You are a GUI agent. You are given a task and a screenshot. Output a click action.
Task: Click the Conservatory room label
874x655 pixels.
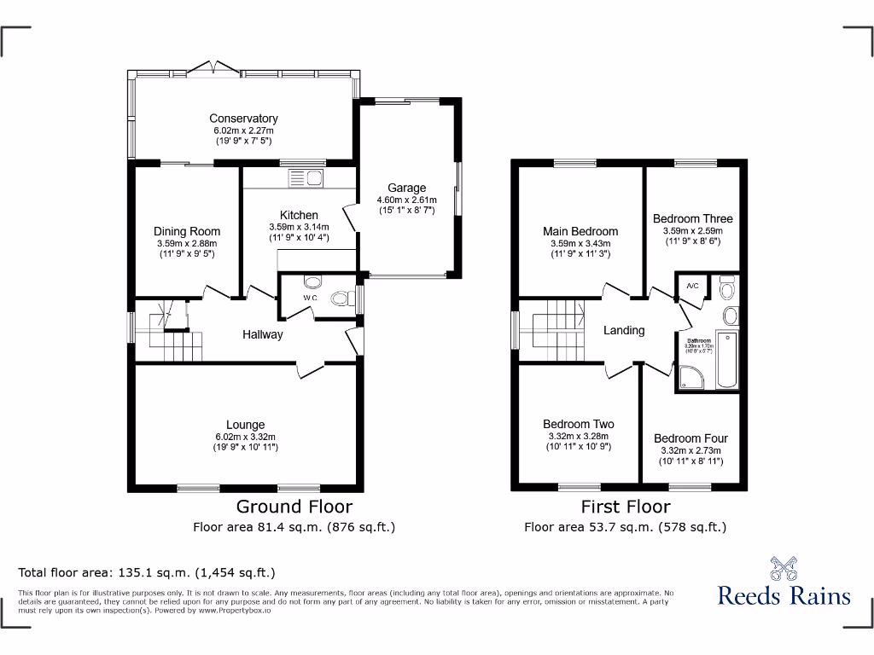[243, 119]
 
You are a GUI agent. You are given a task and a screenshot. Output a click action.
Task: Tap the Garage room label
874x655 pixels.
[406, 188]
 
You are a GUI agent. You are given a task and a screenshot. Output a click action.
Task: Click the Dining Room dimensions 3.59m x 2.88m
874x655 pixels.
[187, 243]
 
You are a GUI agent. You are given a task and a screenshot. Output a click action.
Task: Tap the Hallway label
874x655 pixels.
[261, 334]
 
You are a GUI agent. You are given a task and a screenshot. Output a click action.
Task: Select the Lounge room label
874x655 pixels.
[245, 425]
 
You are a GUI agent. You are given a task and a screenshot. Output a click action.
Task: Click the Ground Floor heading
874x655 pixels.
[294, 507]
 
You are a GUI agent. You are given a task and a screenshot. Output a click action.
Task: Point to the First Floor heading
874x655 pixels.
[625, 507]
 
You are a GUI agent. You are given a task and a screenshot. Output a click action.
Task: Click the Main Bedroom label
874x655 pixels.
[580, 231]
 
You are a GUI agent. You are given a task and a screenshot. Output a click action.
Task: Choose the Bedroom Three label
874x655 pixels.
[692, 218]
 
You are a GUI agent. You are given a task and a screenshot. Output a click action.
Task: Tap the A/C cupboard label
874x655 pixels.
[692, 286]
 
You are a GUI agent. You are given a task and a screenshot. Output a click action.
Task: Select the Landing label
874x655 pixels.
[624, 330]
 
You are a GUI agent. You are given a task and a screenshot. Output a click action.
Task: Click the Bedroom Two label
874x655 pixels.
[578, 424]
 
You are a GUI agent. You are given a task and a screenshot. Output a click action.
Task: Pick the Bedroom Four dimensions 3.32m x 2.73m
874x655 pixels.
[690, 450]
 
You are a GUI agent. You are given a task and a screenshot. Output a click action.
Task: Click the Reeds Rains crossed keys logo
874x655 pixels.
[783, 569]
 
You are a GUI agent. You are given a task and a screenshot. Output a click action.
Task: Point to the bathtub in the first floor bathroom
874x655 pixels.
[728, 359]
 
